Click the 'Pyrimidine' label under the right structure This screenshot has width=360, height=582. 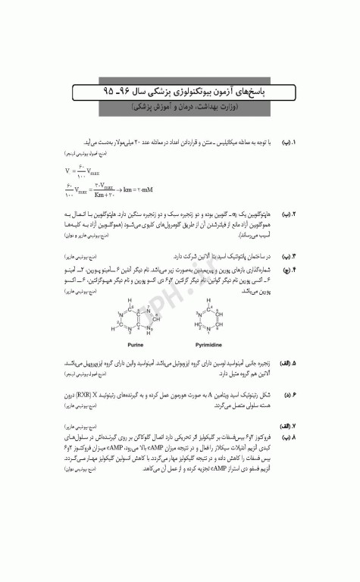[207, 343]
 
